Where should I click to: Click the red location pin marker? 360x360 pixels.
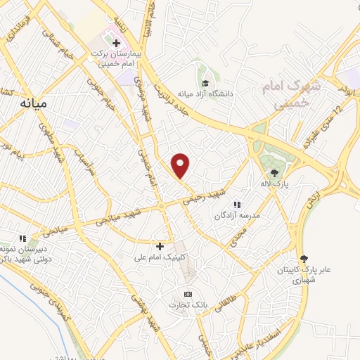(181, 165)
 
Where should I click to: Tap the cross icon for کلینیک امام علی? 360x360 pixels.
(160, 246)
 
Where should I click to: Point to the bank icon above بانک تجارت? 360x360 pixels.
(187, 294)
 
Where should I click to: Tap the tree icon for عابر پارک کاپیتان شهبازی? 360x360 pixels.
(303, 259)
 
